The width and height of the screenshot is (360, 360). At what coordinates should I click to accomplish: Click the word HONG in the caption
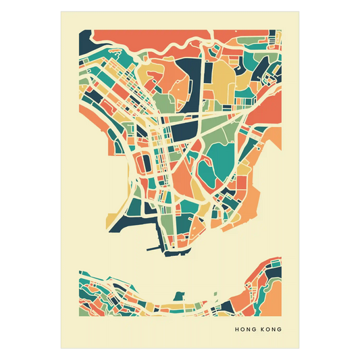pos(243,330)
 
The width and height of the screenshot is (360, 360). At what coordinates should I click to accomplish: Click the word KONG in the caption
pos(269,330)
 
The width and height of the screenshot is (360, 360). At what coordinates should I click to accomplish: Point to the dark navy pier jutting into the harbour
pos(158,240)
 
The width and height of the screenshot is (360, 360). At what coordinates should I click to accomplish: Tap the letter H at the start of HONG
pos(236,330)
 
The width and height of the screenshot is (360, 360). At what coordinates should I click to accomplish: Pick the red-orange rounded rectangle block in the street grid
pos(144,163)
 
